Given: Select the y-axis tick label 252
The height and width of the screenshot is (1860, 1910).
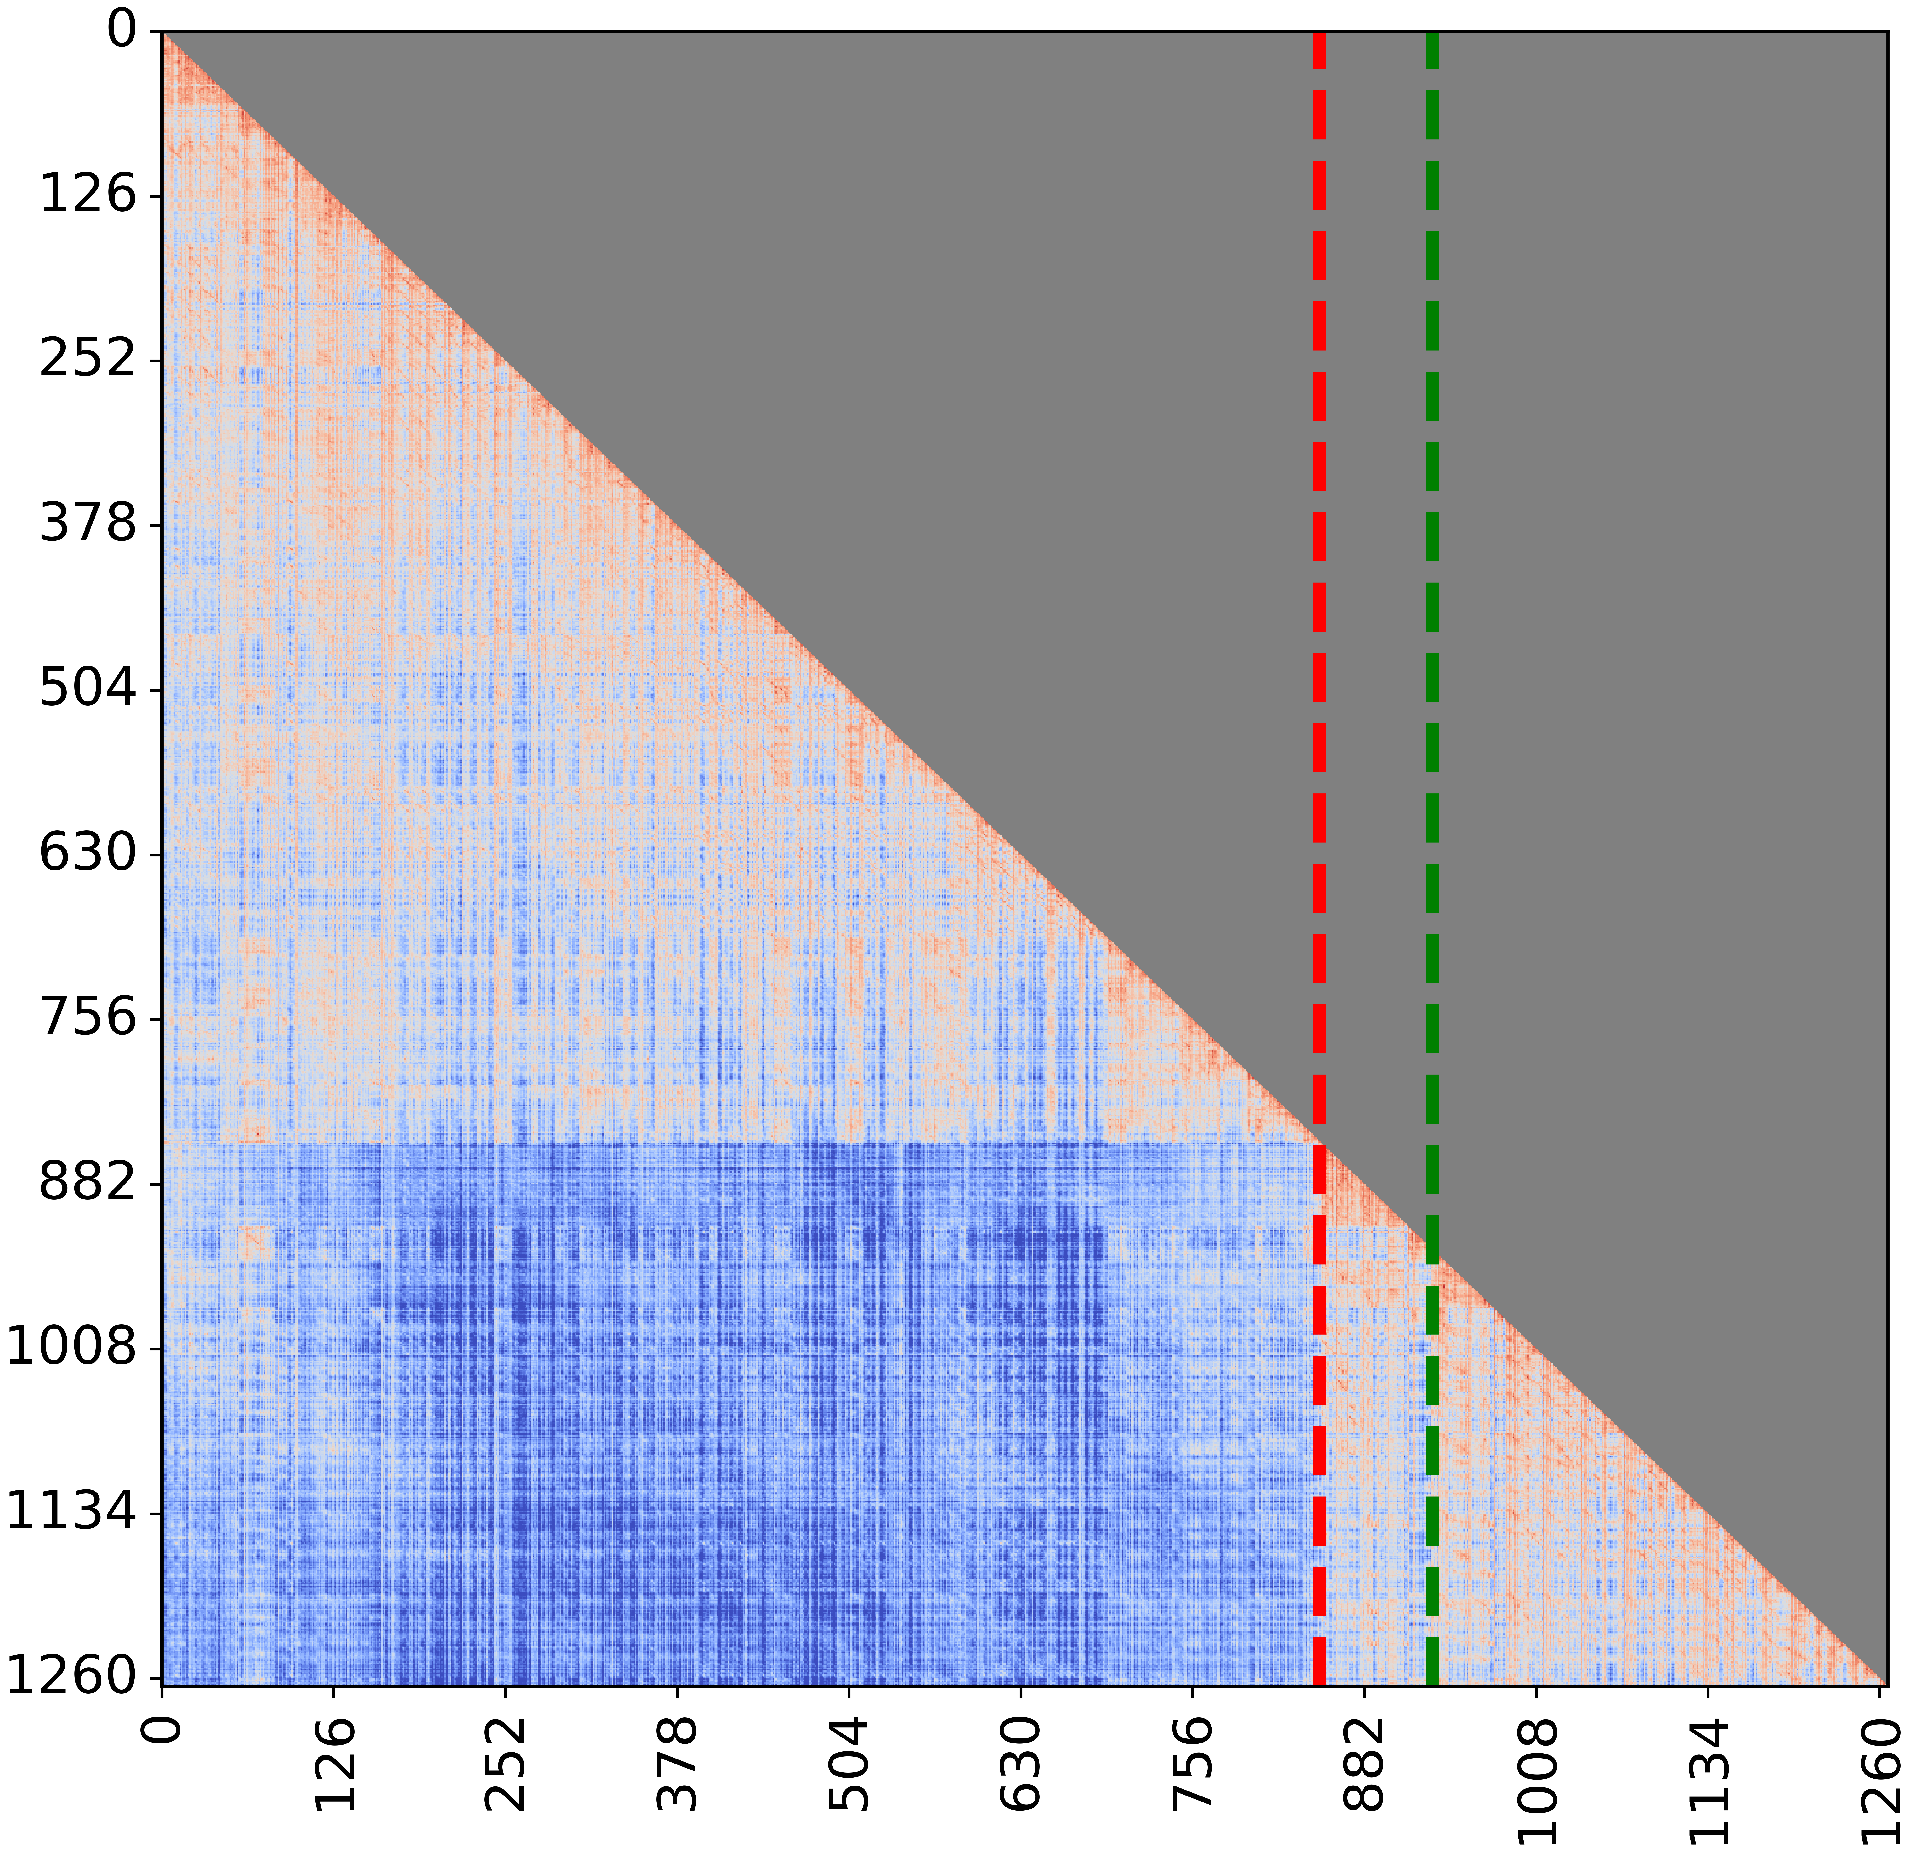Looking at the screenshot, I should coord(86,361).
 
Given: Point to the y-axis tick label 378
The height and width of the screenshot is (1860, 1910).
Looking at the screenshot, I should coord(86,526).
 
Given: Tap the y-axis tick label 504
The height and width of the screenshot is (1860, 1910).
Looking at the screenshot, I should coord(86,690).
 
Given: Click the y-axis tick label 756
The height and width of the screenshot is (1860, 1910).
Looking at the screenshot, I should coord(86,1019).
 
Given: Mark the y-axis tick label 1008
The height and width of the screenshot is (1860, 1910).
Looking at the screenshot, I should coord(70,1348).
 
